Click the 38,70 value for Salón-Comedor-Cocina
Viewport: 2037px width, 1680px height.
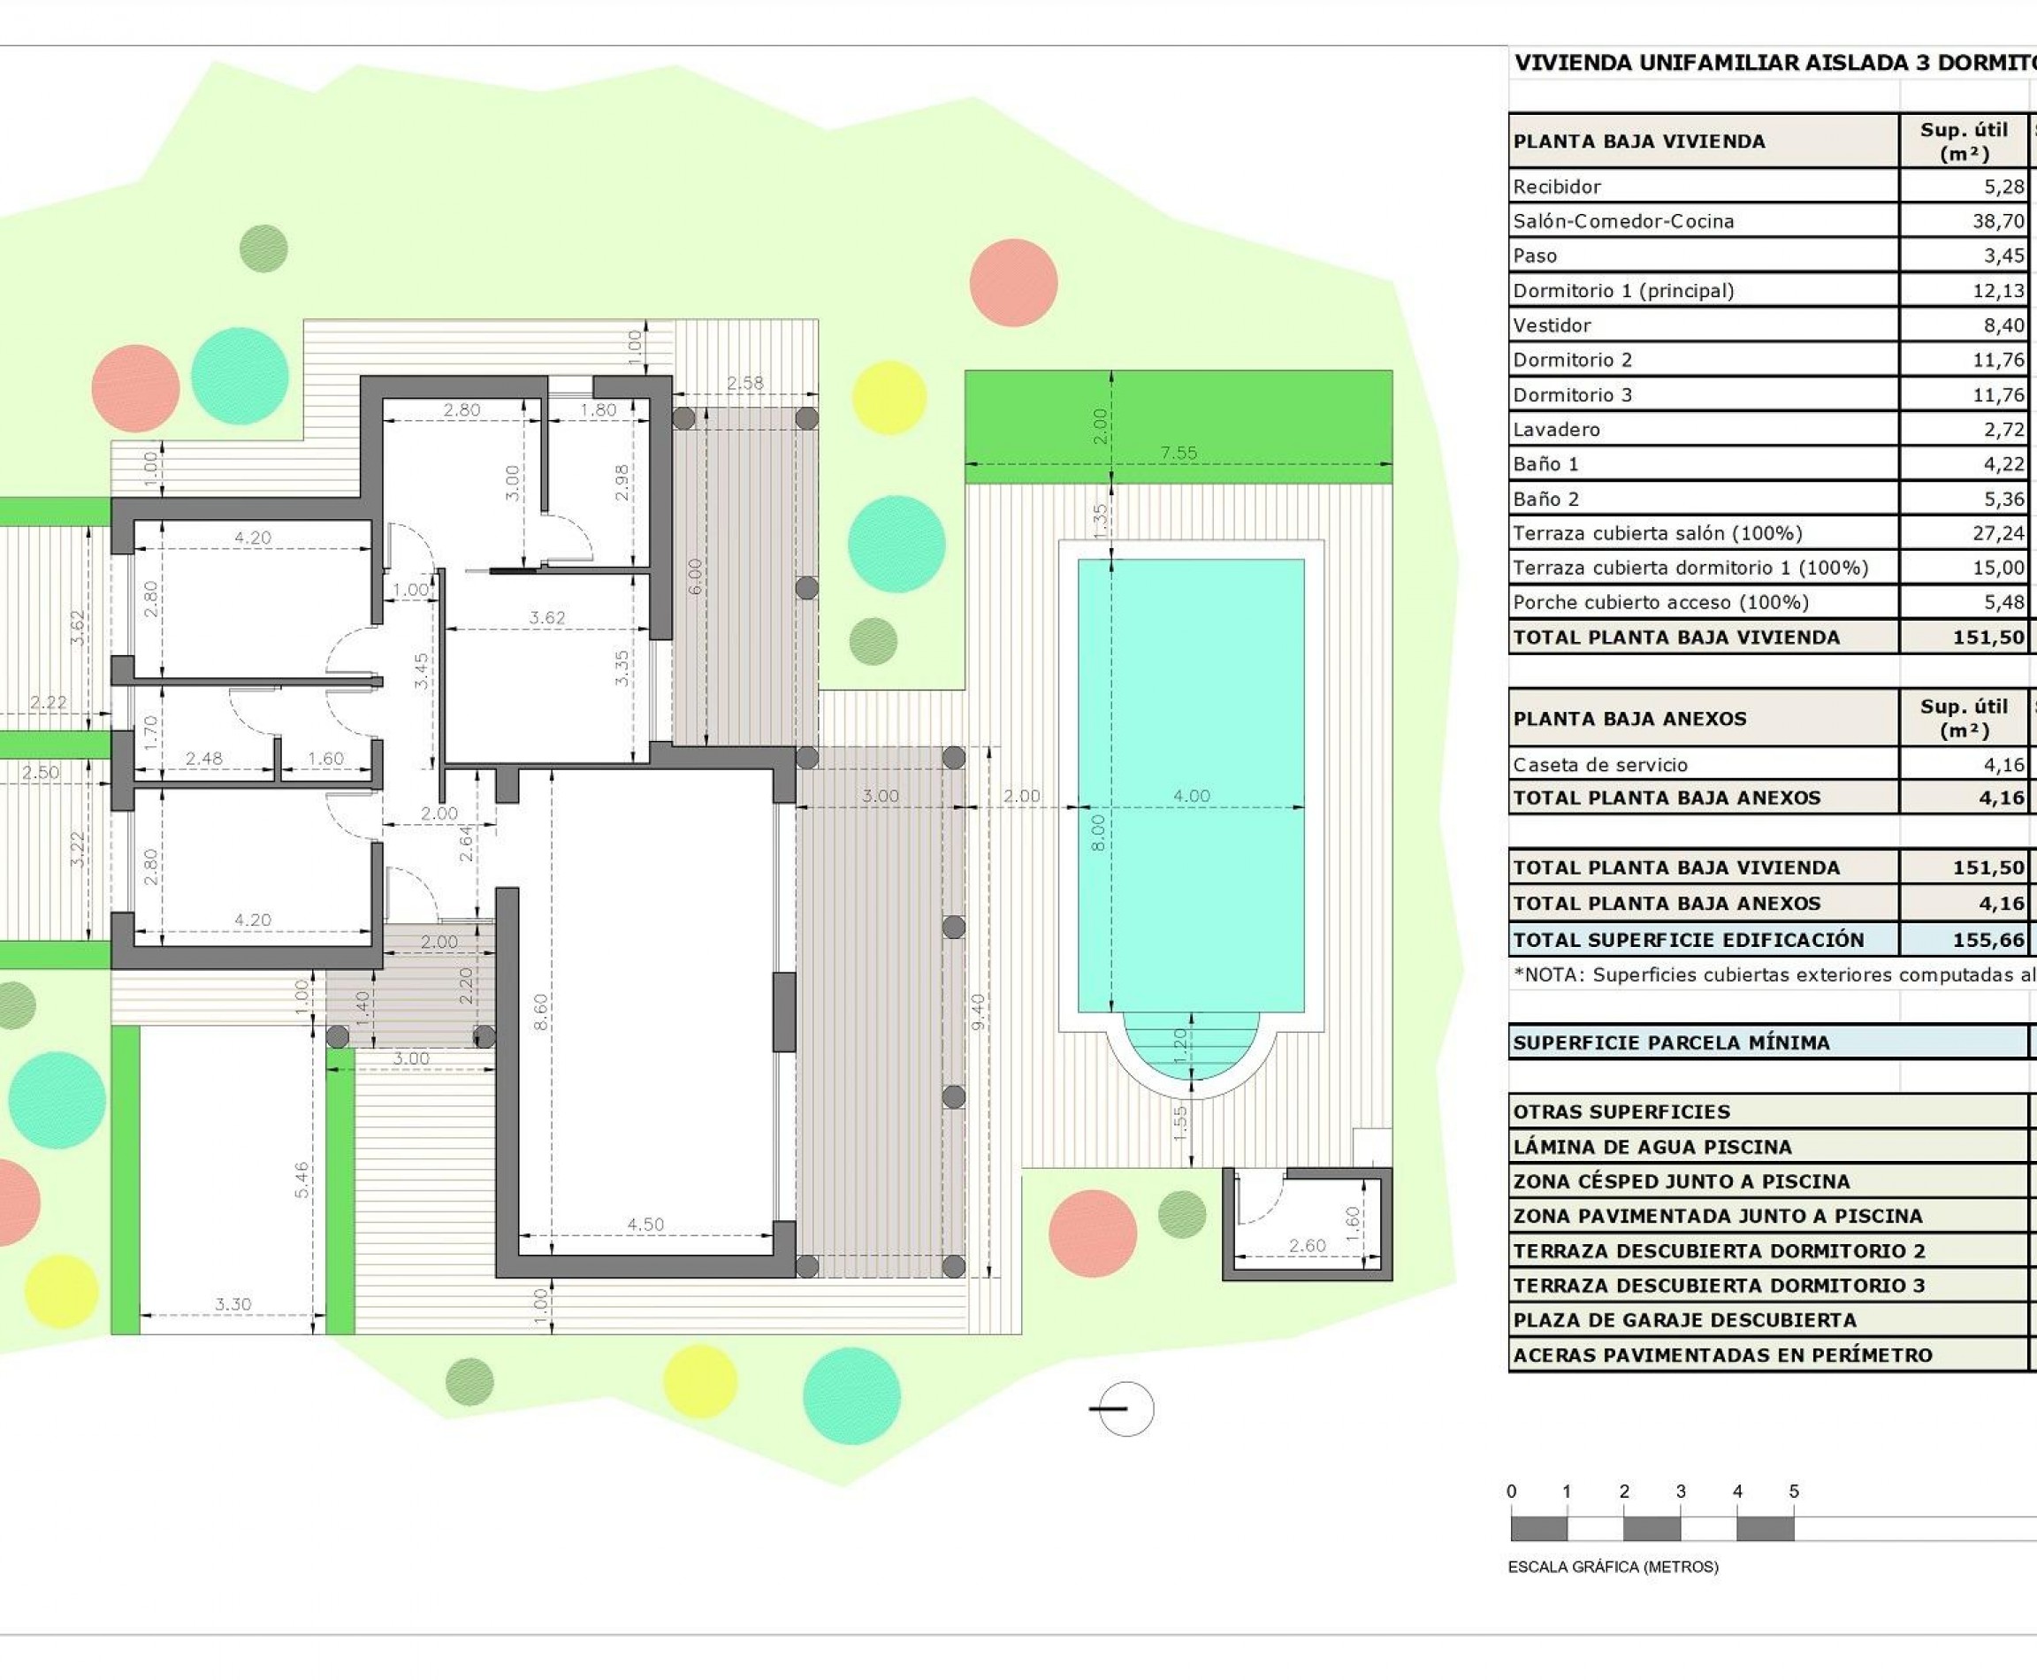(x=1998, y=221)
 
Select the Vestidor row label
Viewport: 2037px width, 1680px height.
(x=1553, y=325)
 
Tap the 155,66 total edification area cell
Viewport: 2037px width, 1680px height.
(x=1987, y=940)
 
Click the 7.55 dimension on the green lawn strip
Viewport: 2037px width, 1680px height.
(x=1179, y=452)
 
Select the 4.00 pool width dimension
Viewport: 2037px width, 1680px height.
(x=1191, y=796)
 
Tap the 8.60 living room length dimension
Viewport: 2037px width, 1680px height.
(x=541, y=1012)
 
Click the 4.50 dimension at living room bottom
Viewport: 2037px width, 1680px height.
(x=645, y=1225)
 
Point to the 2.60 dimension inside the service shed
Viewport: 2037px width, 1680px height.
(x=1307, y=1246)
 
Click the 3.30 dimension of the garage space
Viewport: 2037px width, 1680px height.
(x=233, y=1304)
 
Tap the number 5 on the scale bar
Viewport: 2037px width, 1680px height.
(x=1793, y=1492)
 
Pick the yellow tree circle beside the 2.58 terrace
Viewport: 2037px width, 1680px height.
(x=889, y=397)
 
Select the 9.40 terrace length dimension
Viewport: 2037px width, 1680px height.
(x=979, y=1012)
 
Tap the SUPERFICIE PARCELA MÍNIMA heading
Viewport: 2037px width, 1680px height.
(x=1671, y=1043)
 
